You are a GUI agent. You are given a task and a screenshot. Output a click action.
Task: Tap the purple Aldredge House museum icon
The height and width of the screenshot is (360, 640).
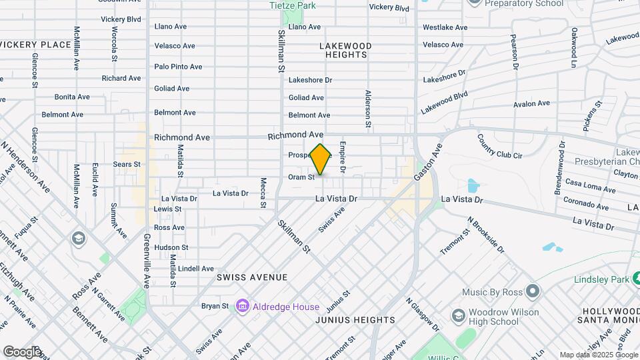click(242, 307)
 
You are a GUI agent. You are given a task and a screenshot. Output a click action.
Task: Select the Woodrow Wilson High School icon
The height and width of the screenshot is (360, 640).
click(458, 315)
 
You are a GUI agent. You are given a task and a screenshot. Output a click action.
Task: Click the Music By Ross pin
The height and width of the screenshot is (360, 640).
click(532, 291)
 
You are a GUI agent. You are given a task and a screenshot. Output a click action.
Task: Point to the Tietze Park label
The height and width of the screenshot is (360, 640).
click(292, 5)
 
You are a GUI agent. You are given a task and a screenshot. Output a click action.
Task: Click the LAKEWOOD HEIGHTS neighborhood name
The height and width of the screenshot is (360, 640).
click(345, 50)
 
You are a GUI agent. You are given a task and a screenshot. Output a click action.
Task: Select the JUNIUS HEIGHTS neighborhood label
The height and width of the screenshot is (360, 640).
click(356, 320)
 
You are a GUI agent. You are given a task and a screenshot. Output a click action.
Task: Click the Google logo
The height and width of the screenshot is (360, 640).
click(21, 351)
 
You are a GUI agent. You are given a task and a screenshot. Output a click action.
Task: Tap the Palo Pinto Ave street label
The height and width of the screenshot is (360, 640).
click(178, 67)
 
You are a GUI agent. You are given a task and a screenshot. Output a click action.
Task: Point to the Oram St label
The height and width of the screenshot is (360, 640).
click(301, 177)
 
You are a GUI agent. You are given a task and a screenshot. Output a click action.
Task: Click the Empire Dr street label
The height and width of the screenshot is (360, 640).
click(343, 157)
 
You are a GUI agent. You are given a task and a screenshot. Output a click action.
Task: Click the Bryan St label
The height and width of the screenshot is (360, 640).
click(215, 307)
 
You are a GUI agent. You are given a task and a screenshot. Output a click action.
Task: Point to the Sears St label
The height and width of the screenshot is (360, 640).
click(127, 164)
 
